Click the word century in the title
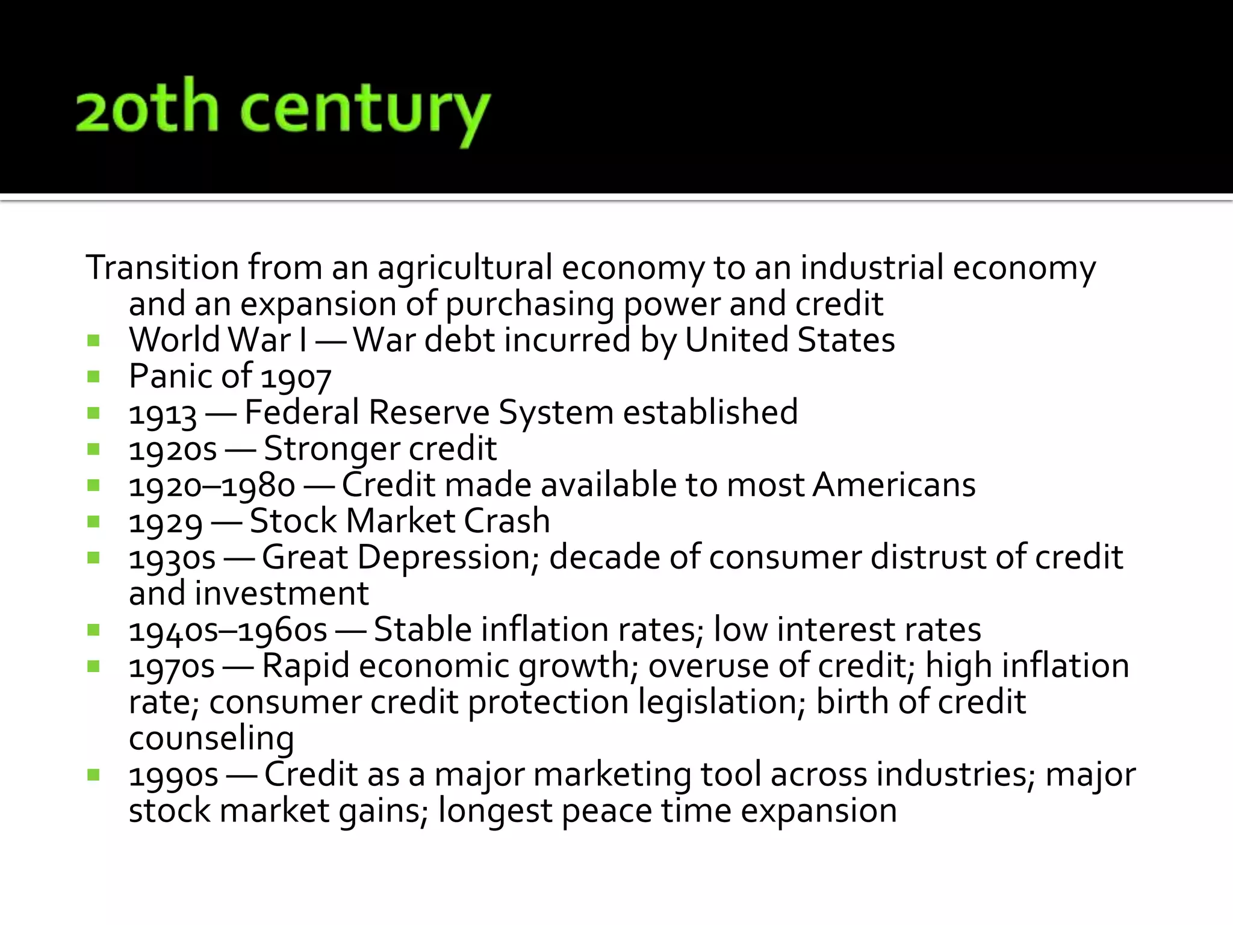pyautogui.click(x=365, y=111)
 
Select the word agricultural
pyautogui.click(x=465, y=269)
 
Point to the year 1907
pyautogui.click(x=296, y=378)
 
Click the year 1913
pyautogui.click(x=163, y=414)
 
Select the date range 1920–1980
pyautogui.click(x=212, y=486)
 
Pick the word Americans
pyautogui.click(x=894, y=485)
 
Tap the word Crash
pyautogui.click(x=507, y=522)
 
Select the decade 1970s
pyautogui.click(x=172, y=667)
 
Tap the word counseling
pyautogui.click(x=211, y=740)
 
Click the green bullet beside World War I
pyautogui.click(x=93, y=341)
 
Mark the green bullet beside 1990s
pyautogui.click(x=93, y=775)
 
